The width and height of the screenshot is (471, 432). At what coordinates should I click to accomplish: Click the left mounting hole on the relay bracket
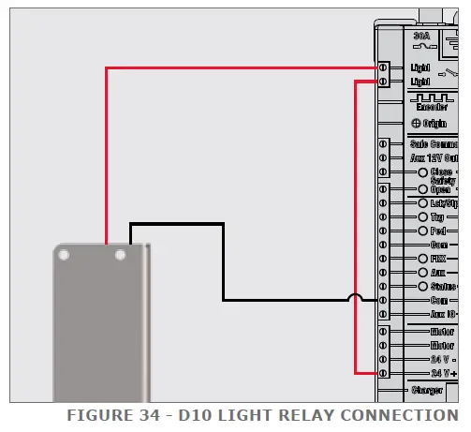point(66,254)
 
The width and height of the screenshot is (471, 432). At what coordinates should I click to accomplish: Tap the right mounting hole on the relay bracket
point(120,254)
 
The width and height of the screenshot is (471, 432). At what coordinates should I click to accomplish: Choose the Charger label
point(433,389)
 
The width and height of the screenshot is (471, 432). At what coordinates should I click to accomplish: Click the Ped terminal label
point(436,230)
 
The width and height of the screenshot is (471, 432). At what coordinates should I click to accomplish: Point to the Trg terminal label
point(436,216)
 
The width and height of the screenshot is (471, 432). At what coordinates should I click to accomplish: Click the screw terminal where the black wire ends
point(382,300)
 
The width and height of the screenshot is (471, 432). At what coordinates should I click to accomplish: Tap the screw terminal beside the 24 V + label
point(382,373)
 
